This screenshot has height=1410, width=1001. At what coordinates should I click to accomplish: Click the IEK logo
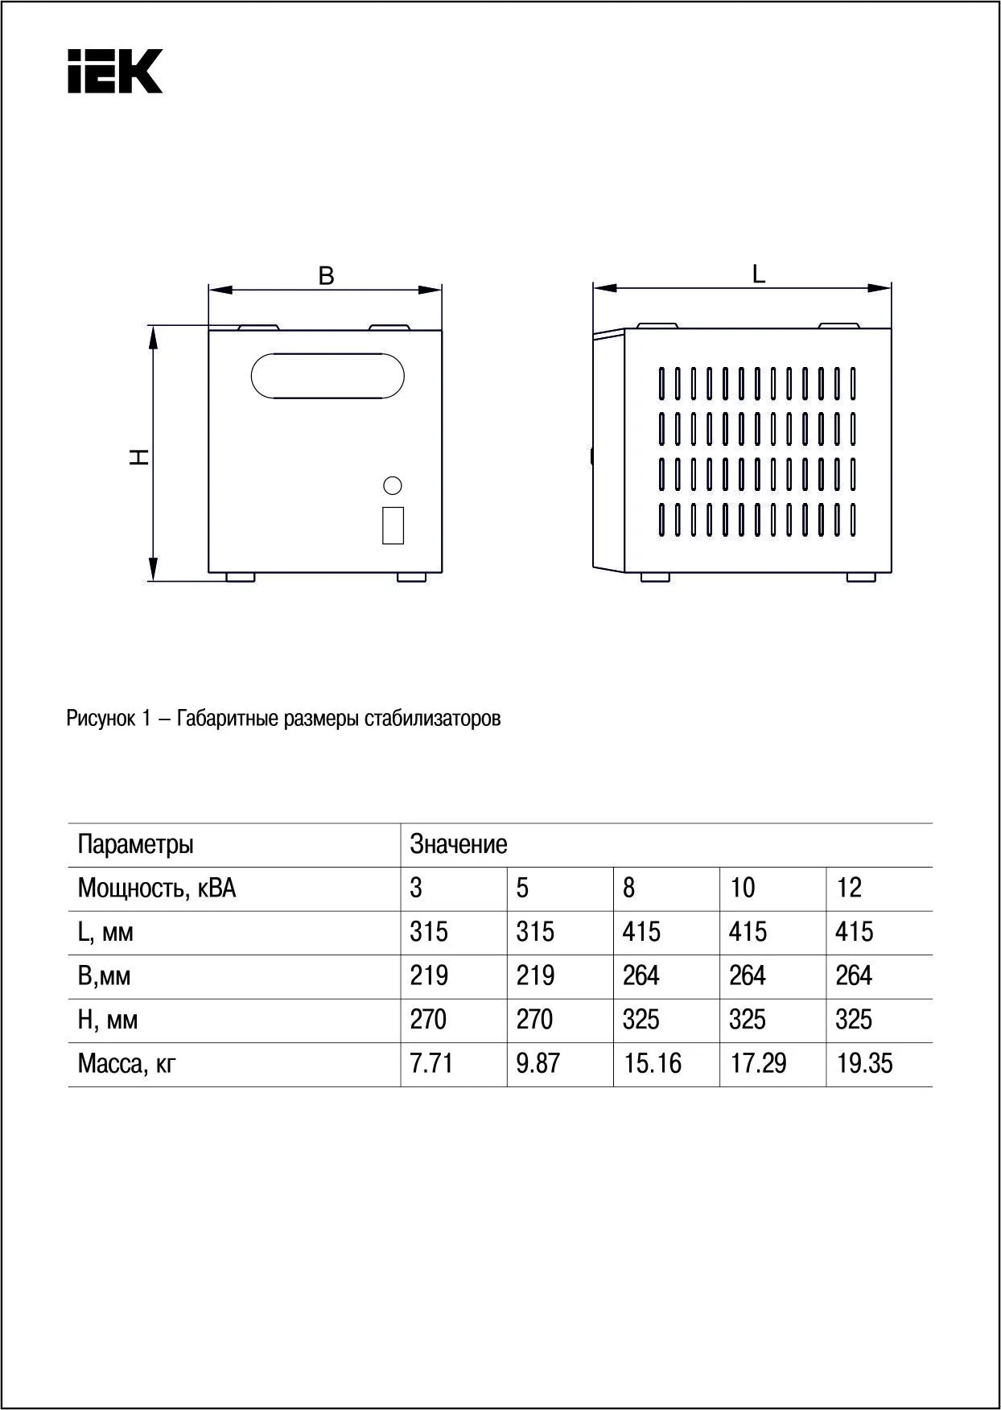(x=115, y=71)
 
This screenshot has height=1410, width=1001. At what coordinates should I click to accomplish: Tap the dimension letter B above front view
(x=326, y=276)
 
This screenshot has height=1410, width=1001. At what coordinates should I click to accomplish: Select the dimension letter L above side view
(x=758, y=274)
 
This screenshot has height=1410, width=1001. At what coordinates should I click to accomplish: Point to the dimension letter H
(x=140, y=457)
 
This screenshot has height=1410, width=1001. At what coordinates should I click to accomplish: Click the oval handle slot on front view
(x=327, y=375)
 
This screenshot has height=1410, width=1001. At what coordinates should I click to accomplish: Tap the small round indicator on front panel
(x=393, y=485)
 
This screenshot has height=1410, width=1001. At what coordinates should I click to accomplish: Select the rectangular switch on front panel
(x=393, y=525)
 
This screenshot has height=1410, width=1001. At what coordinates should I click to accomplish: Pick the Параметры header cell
(x=135, y=845)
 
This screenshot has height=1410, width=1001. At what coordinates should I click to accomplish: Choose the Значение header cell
(x=459, y=845)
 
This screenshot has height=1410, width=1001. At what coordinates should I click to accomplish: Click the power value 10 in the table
(x=742, y=888)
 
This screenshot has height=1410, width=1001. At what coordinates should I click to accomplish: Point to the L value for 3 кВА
(x=429, y=933)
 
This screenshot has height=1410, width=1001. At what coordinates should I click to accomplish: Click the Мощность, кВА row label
(x=157, y=888)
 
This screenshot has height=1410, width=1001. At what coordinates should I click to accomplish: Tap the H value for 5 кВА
(x=534, y=1020)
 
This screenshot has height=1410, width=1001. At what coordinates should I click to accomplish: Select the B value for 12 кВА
(x=853, y=976)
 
